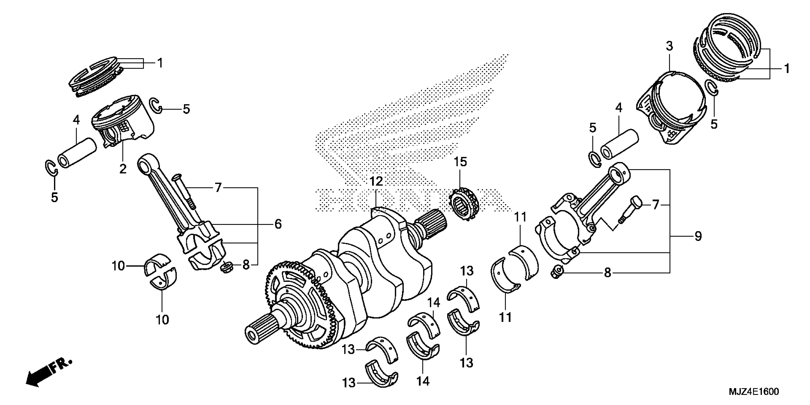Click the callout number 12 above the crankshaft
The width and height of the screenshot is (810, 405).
[376, 182]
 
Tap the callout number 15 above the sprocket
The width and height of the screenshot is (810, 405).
[460, 162]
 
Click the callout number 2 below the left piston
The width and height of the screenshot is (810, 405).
[123, 169]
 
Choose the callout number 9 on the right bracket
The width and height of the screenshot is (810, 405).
[698, 236]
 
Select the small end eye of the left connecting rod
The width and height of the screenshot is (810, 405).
[147, 163]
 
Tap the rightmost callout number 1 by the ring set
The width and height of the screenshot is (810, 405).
[787, 69]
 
